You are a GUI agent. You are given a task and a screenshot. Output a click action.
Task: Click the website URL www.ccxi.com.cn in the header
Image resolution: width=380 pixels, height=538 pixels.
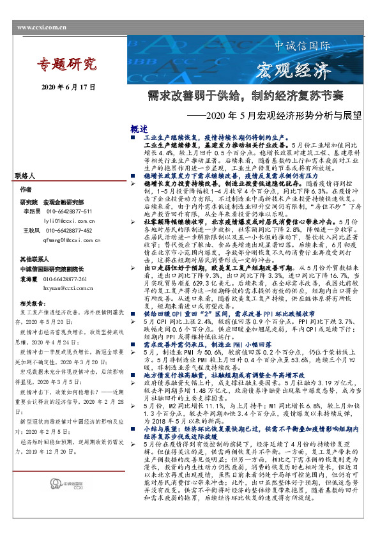(42, 27)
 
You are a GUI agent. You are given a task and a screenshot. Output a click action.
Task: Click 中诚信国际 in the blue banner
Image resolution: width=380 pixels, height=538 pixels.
(302, 46)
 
